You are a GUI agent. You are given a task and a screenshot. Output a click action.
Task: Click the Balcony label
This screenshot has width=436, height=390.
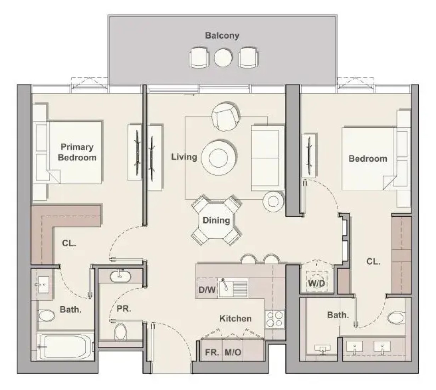click(222, 35)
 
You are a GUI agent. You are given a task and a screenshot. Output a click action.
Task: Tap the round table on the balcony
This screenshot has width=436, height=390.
click(223, 58)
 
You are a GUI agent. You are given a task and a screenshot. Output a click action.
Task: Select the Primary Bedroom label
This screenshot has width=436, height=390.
click(77, 152)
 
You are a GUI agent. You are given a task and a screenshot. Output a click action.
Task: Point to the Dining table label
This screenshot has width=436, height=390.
click(216, 220)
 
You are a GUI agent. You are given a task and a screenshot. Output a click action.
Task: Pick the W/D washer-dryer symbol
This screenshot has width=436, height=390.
click(316, 283)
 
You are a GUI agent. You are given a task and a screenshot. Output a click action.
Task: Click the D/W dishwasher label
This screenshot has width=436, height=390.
click(207, 290)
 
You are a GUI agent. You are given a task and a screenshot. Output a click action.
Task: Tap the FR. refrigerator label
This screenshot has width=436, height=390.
click(212, 352)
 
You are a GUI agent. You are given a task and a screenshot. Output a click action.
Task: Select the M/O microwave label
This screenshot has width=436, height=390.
click(233, 352)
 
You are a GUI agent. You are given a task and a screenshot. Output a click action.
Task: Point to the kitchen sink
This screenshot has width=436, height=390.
click(233, 288)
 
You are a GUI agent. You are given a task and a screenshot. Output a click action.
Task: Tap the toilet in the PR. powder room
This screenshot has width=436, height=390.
click(121, 332)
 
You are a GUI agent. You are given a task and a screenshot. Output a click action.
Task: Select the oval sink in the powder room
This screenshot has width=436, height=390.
click(120, 277)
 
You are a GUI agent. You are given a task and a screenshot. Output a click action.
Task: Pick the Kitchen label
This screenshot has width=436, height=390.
click(236, 318)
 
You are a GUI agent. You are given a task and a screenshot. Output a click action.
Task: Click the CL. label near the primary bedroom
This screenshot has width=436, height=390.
click(69, 243)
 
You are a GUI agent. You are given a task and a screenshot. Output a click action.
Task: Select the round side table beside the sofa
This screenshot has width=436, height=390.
click(273, 201)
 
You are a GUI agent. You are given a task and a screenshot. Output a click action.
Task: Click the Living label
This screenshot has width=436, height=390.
click(184, 157)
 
